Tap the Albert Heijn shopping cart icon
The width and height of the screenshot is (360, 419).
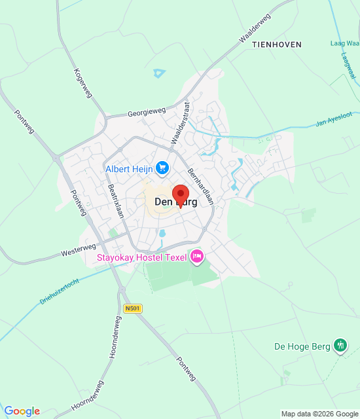[162, 169]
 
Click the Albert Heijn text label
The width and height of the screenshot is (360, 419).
[129, 170]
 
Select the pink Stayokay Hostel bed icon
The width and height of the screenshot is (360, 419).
[196, 257]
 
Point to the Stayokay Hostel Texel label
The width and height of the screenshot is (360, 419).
[141, 257]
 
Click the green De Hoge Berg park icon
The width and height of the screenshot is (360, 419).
[340, 345]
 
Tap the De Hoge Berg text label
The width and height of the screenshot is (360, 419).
[302, 346]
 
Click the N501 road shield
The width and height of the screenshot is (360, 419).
[132, 308]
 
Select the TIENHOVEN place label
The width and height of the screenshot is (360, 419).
[282, 45]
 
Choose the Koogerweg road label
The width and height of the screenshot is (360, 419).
[84, 83]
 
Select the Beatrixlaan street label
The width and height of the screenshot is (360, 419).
[115, 205]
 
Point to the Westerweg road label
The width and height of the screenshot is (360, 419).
[79, 249]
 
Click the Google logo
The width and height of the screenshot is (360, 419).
[22, 411]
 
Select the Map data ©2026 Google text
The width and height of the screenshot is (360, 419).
[319, 414]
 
